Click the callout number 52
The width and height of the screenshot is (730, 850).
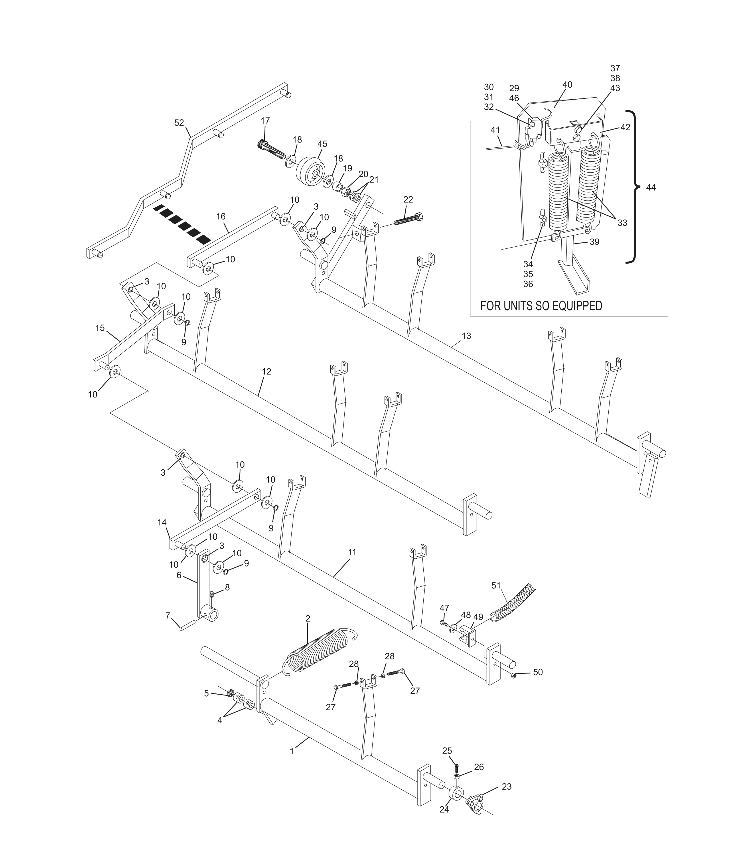click(179, 123)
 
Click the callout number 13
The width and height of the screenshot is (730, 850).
click(466, 336)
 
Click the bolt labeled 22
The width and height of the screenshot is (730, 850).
click(409, 220)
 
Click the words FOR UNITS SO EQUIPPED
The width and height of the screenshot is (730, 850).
click(541, 306)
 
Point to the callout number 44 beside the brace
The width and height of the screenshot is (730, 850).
click(651, 187)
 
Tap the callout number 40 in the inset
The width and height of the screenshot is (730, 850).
click(567, 84)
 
